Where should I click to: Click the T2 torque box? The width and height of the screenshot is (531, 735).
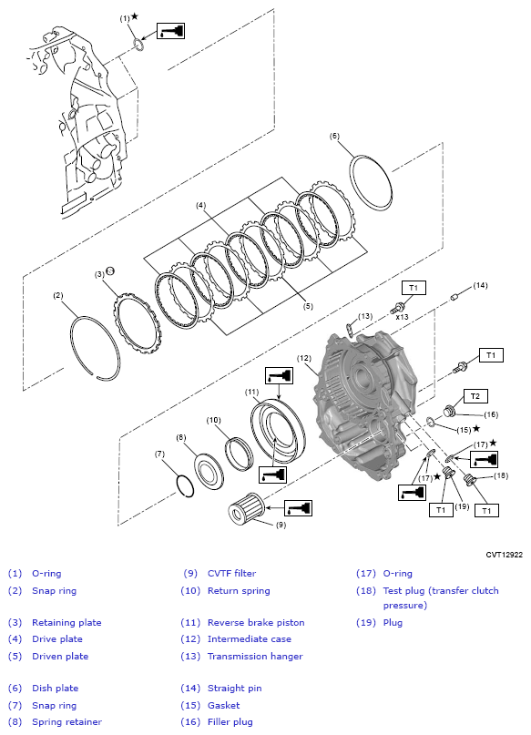(475, 396)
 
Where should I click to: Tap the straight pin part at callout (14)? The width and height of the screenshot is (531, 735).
(454, 297)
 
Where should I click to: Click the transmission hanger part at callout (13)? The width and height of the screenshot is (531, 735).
(350, 329)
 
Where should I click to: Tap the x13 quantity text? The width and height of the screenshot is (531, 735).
(402, 317)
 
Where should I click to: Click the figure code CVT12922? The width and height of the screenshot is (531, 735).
(504, 555)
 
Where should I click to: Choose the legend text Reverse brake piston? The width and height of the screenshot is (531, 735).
(256, 622)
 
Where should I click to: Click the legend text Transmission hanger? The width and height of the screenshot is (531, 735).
(255, 657)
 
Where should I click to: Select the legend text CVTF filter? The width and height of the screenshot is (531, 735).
(231, 573)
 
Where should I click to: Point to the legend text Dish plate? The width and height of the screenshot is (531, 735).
(55, 689)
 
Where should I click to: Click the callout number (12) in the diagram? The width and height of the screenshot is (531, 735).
(304, 358)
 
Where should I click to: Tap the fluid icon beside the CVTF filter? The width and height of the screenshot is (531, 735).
(298, 508)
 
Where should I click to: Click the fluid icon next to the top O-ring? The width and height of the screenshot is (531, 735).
(170, 30)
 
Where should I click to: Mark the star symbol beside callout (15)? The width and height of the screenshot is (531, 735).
(476, 428)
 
